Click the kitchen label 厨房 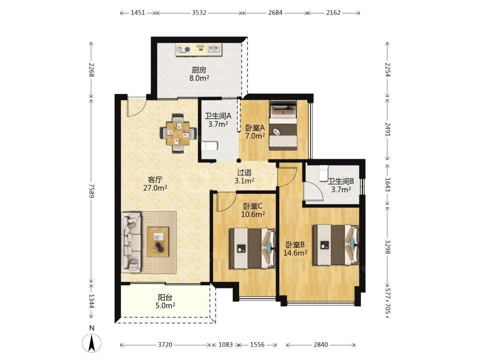199,70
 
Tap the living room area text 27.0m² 155,188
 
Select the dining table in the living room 178,133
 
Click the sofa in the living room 132,242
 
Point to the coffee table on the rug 158,242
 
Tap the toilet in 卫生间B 323,173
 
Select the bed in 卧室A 283,125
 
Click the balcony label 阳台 165,297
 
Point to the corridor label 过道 244,173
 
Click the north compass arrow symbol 92,343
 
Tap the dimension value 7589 91,190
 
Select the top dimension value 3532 199,13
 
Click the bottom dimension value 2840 321,345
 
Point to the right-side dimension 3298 387,246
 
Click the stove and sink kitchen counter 199,49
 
